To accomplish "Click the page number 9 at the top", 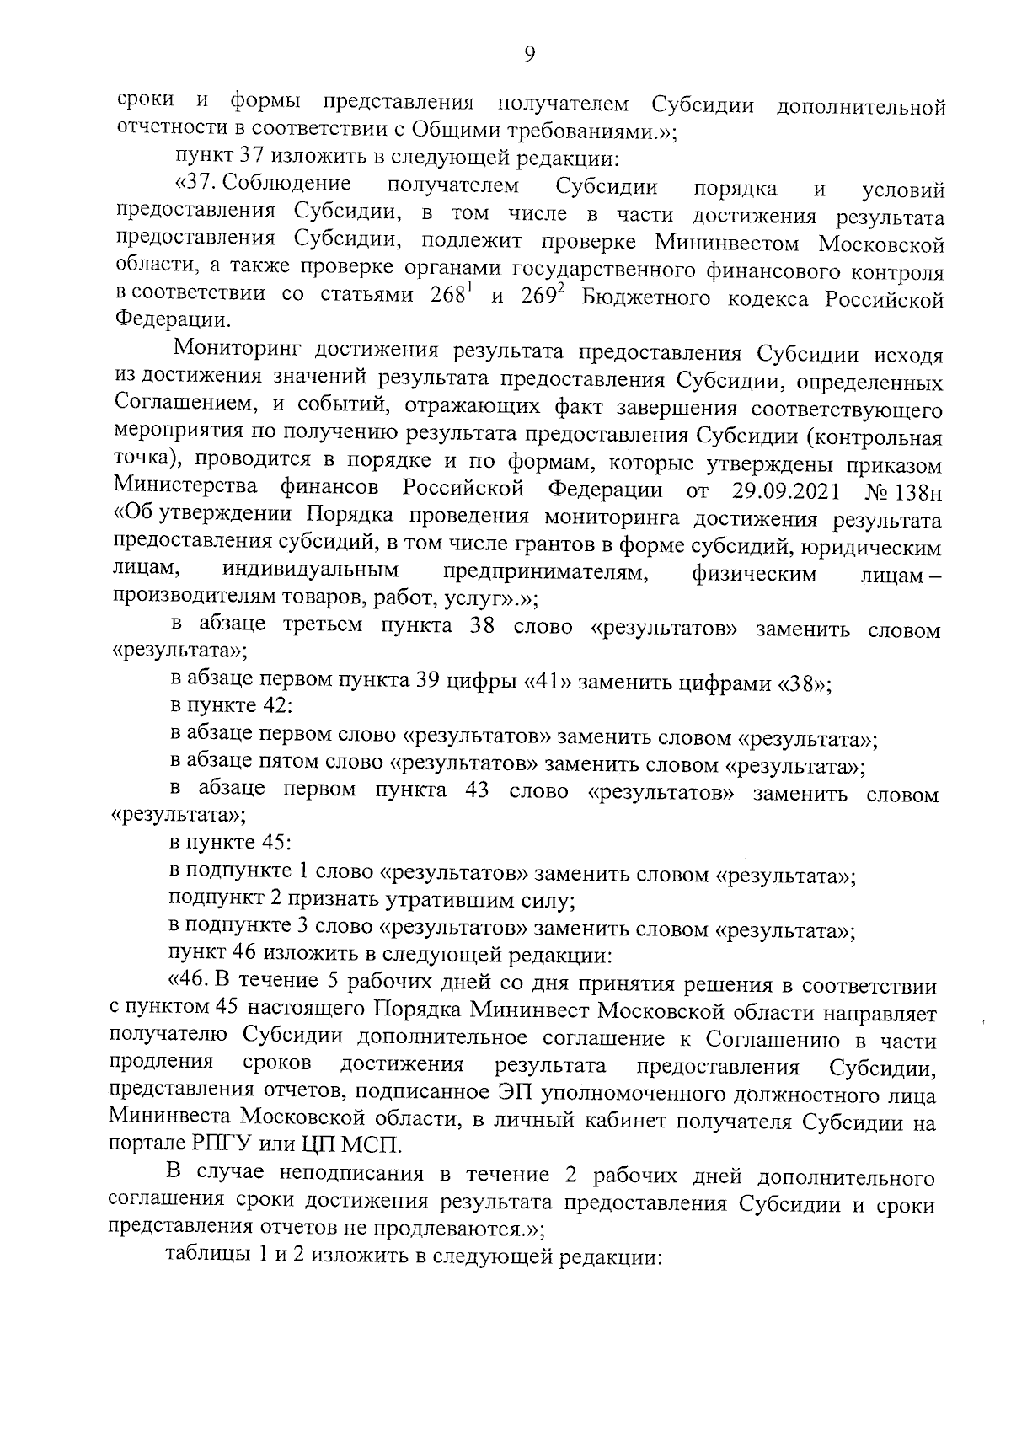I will [529, 55].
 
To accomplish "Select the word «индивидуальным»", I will [310, 571].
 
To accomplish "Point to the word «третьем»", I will [322, 625].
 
